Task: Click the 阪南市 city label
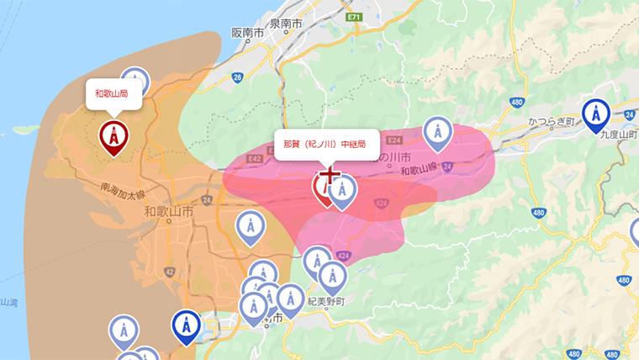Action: click(248, 33)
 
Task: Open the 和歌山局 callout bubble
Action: click(111, 93)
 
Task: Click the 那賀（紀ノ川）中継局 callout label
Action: click(324, 144)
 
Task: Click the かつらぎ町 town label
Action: click(552, 123)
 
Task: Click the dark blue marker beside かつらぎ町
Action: click(596, 114)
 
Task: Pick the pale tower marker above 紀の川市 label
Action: click(436, 131)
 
